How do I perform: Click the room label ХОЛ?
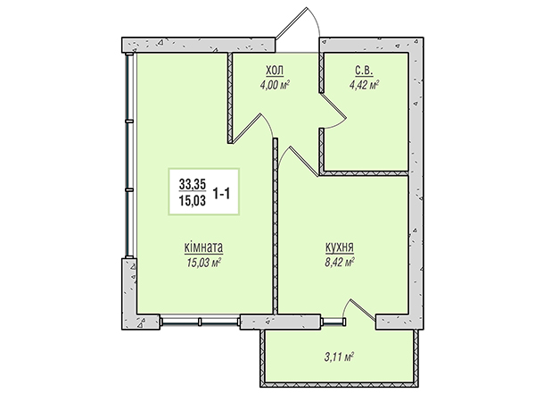point(275,71)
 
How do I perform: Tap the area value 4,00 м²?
point(275,85)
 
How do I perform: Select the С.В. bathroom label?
point(365,71)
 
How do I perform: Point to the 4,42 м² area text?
point(365,85)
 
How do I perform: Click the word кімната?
point(203,247)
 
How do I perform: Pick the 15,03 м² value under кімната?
point(203,263)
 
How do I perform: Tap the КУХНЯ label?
point(340,247)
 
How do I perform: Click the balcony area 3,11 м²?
point(338,357)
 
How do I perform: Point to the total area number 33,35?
point(193,185)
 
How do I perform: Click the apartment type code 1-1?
point(222,194)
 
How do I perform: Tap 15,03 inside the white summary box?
point(193,201)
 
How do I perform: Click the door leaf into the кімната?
point(247,128)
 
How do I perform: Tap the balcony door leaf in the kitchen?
point(363,310)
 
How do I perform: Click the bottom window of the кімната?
point(201,322)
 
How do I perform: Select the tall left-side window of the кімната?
point(130,155)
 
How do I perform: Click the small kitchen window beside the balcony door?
point(333,322)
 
